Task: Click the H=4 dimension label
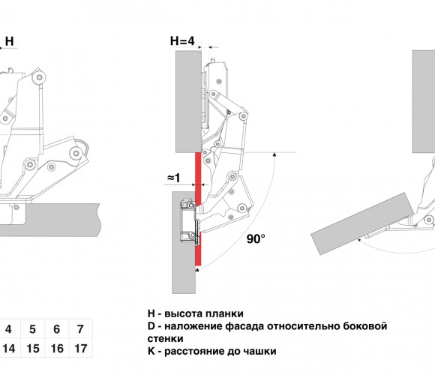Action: [x=182, y=41]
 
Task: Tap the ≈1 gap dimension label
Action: [x=174, y=178]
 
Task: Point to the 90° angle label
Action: [x=256, y=238]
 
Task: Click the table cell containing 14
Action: [x=8, y=348]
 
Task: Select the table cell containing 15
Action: [x=33, y=348]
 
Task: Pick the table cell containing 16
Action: [x=56, y=348]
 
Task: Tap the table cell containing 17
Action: [x=80, y=348]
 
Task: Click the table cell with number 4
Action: [x=8, y=328]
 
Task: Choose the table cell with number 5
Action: [x=33, y=328]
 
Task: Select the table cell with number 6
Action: [x=56, y=328]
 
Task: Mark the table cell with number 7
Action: [x=80, y=328]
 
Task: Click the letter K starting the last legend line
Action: [x=151, y=351]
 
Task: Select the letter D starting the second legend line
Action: [x=151, y=326]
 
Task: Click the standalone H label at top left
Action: [x=10, y=41]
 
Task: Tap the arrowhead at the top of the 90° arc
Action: [x=274, y=154]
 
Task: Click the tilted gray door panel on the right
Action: [x=362, y=223]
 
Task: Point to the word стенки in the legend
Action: [x=165, y=339]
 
